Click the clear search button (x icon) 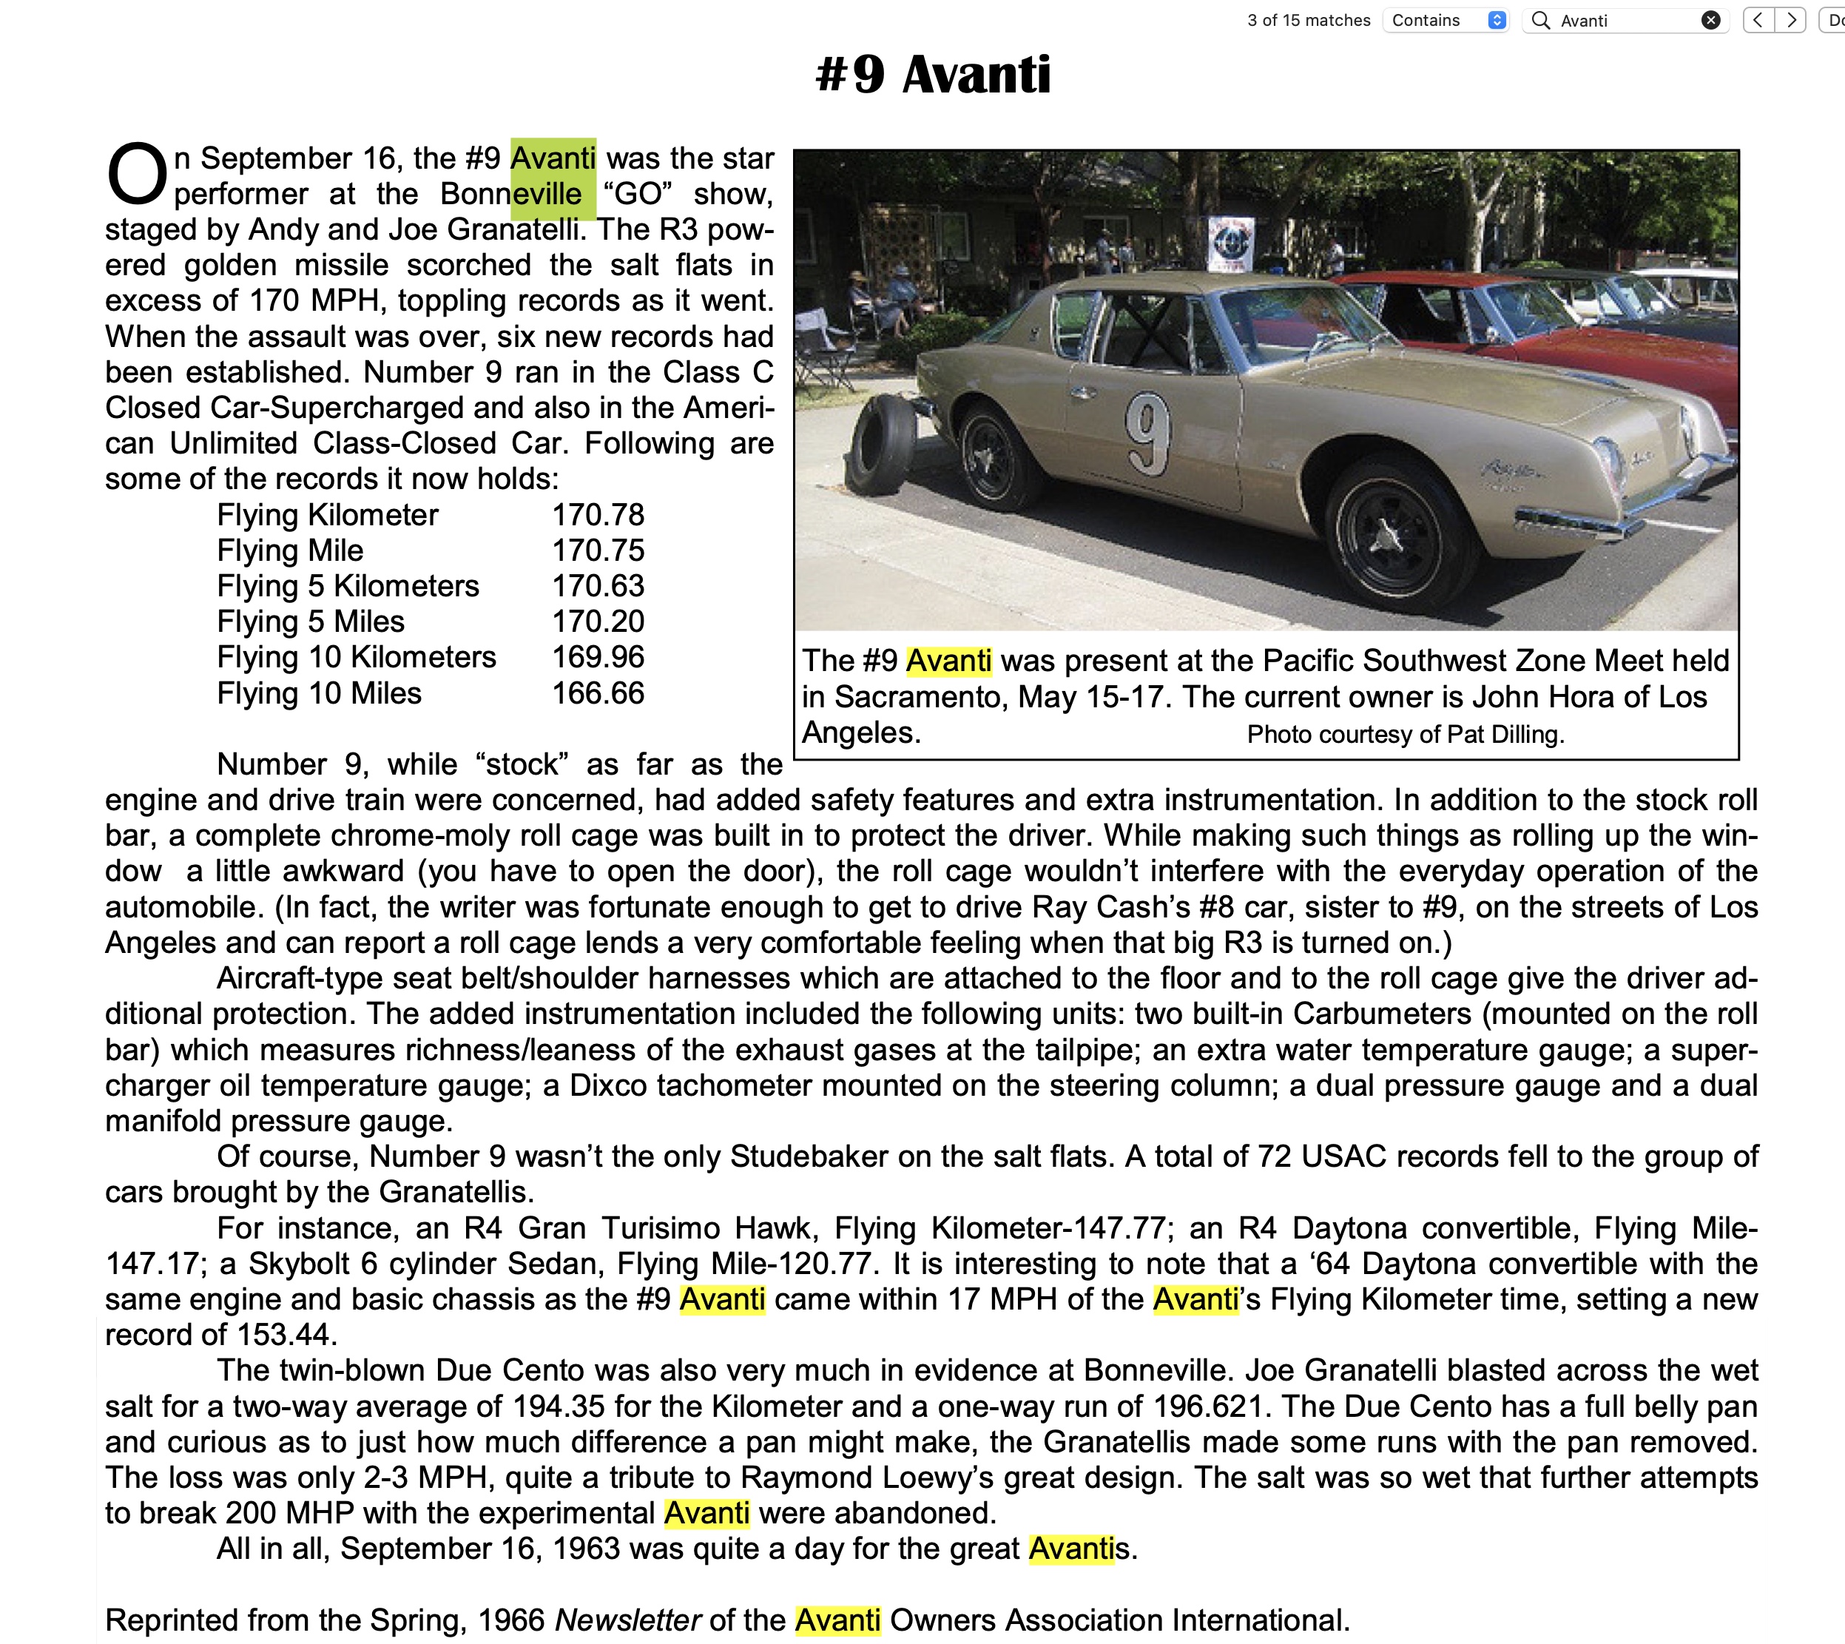(1710, 21)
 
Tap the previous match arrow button (1758, 21)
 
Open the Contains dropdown (1447, 21)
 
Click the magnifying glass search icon (1542, 21)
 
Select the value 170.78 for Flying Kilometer (598, 515)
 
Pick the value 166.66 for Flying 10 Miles (598, 693)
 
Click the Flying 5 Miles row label (311, 621)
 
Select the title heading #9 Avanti (933, 74)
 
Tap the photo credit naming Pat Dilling (1405, 735)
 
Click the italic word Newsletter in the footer (627, 1620)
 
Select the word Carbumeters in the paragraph (1382, 1014)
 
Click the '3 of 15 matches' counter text (1309, 21)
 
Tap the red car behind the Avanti (1535, 334)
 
